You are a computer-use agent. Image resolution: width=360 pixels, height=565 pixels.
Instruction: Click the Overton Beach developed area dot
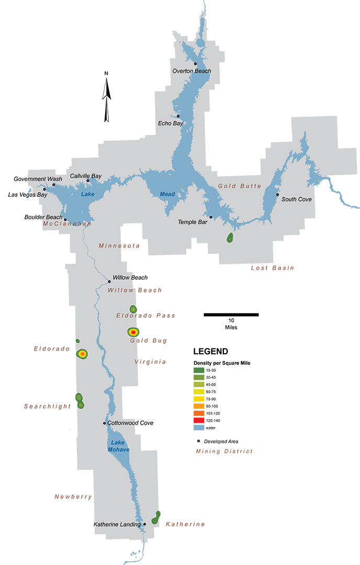[x=195, y=63]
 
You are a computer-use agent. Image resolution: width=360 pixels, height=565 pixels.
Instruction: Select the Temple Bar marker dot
[x=211, y=217]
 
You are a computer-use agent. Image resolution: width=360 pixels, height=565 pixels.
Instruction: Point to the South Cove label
[x=295, y=199]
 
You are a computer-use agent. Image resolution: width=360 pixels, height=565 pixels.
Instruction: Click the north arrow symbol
[x=107, y=97]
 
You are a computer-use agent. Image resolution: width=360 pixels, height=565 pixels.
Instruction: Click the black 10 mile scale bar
[x=231, y=314]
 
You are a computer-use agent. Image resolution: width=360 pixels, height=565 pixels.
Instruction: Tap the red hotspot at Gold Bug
[x=133, y=332]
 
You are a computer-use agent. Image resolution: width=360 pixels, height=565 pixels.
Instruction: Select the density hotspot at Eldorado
[x=82, y=354]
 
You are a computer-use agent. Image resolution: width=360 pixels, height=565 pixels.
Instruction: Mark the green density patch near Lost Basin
[x=230, y=238]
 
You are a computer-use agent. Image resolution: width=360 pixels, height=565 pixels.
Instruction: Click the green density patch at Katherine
[x=156, y=518]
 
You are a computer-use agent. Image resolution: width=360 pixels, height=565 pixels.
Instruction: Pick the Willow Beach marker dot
[x=109, y=281]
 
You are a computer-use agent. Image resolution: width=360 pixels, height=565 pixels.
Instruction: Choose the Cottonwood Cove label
[x=130, y=423]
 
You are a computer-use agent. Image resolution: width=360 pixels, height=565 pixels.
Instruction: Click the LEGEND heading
[x=210, y=351]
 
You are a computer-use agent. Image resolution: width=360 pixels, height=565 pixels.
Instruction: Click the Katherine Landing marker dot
[x=144, y=524]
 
